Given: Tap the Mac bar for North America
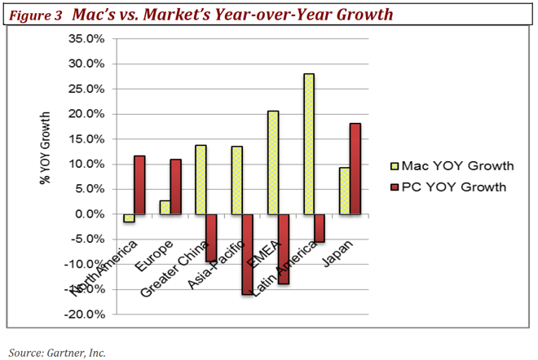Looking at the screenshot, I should [x=128, y=218].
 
